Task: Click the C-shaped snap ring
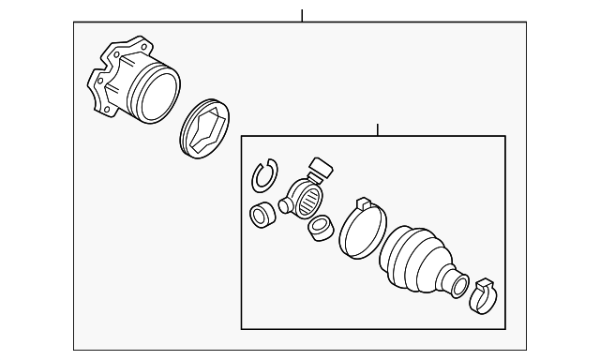tap(264, 174)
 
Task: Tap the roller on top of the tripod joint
tap(321, 171)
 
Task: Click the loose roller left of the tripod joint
tap(262, 215)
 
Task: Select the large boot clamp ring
tap(362, 231)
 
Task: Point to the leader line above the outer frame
tap(302, 15)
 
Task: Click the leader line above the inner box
tap(377, 129)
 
